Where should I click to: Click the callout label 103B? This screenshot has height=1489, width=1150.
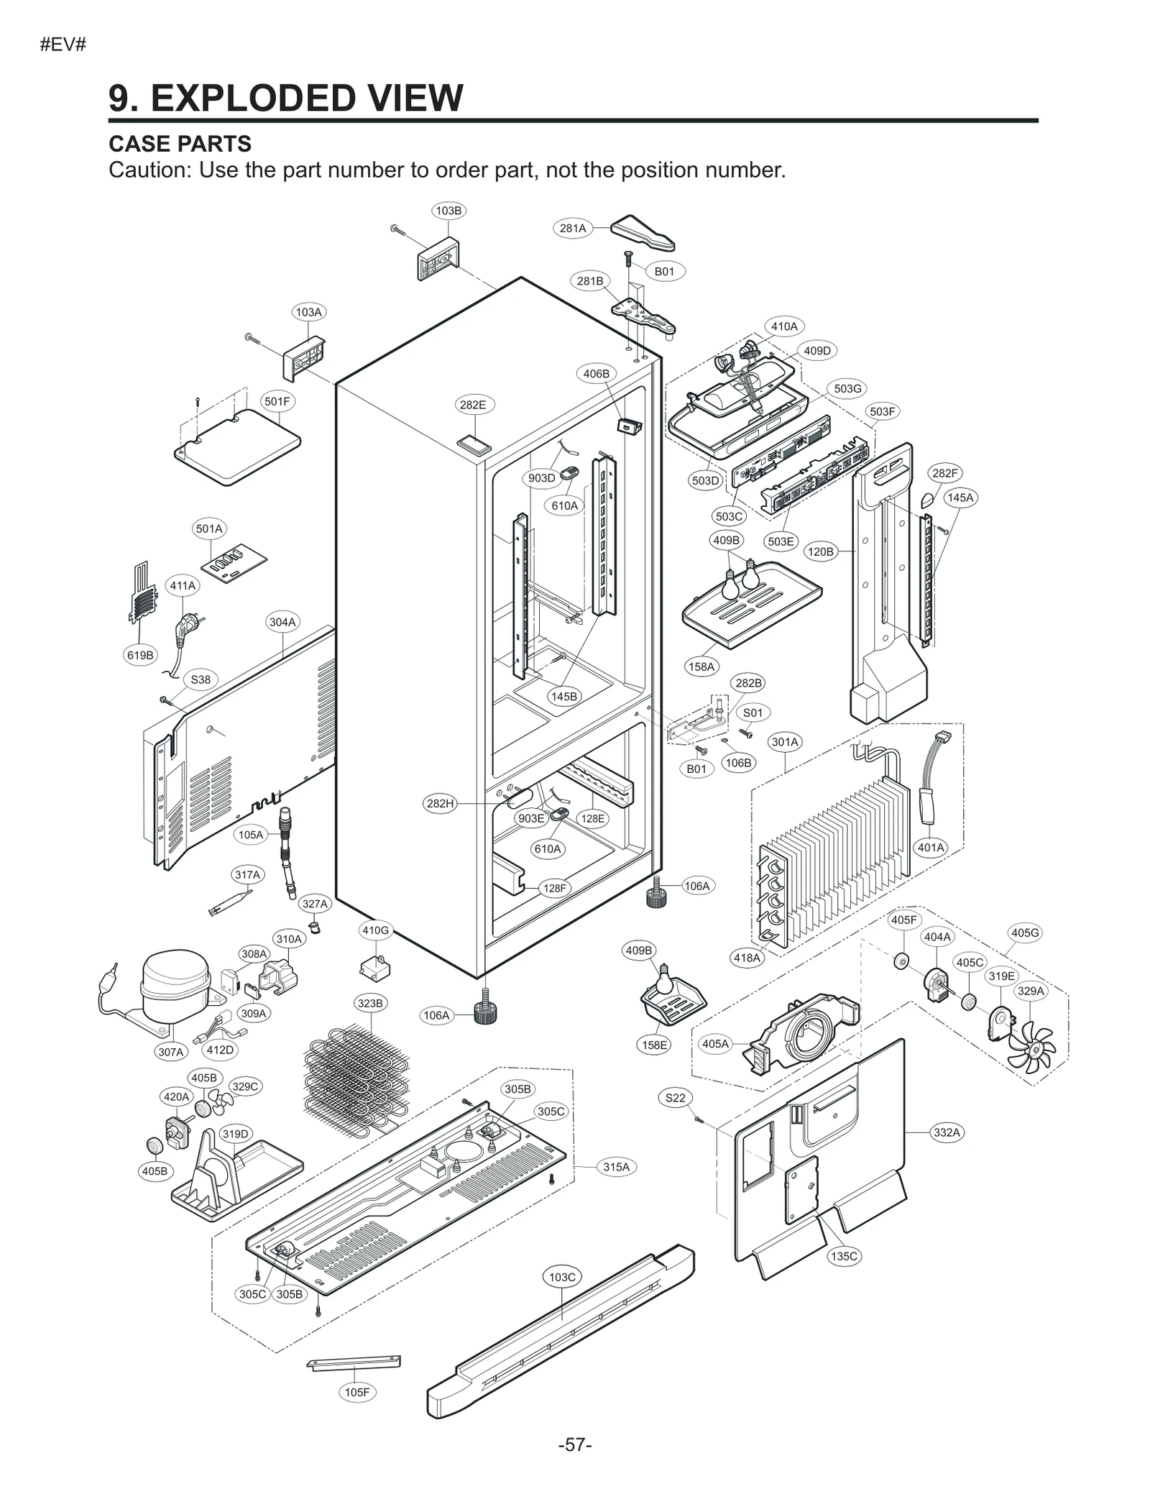click(448, 211)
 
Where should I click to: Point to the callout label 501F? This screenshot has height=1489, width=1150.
click(277, 401)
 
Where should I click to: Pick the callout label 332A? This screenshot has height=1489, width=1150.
click(946, 1132)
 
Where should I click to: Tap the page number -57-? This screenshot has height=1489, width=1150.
click(575, 1445)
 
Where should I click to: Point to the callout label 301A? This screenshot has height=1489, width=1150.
click(785, 741)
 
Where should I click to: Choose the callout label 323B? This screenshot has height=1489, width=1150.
click(370, 1003)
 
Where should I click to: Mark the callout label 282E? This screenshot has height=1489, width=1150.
click(472, 405)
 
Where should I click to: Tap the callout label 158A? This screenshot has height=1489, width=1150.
click(701, 666)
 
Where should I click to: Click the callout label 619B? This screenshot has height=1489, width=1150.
click(140, 655)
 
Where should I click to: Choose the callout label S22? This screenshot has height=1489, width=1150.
click(675, 1098)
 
